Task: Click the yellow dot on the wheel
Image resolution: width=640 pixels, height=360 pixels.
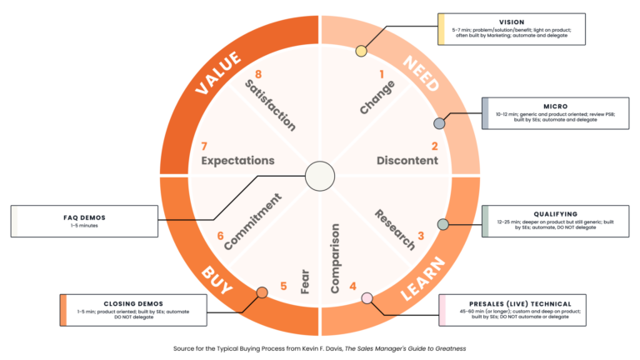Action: click(x=361, y=52)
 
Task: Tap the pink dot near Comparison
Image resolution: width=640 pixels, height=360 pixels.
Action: click(x=367, y=297)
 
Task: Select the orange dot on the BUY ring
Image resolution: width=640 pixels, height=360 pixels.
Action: click(x=262, y=292)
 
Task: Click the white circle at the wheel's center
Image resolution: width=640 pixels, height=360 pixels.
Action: click(x=319, y=176)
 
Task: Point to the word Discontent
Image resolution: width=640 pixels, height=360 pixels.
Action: click(x=407, y=160)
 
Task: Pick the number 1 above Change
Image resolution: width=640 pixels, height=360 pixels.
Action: click(x=382, y=74)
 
